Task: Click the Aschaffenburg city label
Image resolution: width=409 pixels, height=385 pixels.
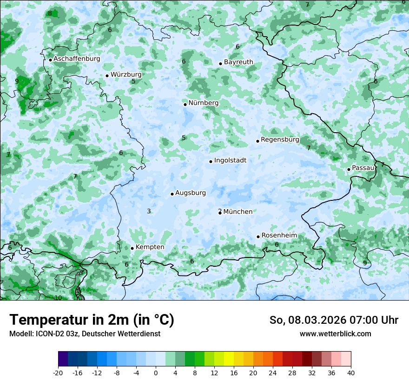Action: pyautogui.click(x=77, y=59)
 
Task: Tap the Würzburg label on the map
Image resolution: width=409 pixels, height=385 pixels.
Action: pyautogui.click(x=126, y=74)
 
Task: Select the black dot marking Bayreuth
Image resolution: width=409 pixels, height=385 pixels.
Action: pyautogui.click(x=220, y=64)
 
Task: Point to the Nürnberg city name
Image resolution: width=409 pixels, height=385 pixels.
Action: pyautogui.click(x=203, y=103)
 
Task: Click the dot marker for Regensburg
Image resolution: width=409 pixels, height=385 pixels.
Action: pyautogui.click(x=257, y=141)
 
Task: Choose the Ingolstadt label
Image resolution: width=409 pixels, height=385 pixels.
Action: pyautogui.click(x=230, y=160)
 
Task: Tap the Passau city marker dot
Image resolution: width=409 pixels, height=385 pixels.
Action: pyautogui.click(x=349, y=169)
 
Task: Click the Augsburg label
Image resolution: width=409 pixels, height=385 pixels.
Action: pyautogui.click(x=190, y=193)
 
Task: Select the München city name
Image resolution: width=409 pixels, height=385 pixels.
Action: pyautogui.click(x=238, y=212)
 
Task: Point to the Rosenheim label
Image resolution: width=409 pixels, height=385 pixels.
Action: pyautogui.click(x=279, y=236)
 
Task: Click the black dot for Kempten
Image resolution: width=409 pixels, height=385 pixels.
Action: pyautogui.click(x=132, y=248)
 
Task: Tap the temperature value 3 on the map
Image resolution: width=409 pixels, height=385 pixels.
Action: pyautogui.click(x=149, y=212)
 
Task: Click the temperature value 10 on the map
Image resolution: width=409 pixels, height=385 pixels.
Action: pyautogui.click(x=58, y=298)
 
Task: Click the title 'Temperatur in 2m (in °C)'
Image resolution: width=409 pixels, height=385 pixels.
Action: pyautogui.click(x=92, y=320)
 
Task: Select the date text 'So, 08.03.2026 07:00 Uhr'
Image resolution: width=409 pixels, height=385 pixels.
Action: pyautogui.click(x=334, y=320)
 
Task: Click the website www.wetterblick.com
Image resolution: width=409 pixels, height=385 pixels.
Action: pyautogui.click(x=335, y=334)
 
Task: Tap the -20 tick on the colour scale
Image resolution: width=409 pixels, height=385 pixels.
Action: pyautogui.click(x=58, y=372)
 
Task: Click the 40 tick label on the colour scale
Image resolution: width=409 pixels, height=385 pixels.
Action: pyautogui.click(x=351, y=372)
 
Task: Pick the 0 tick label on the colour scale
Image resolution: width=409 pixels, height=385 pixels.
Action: pyautogui.click(x=156, y=372)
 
